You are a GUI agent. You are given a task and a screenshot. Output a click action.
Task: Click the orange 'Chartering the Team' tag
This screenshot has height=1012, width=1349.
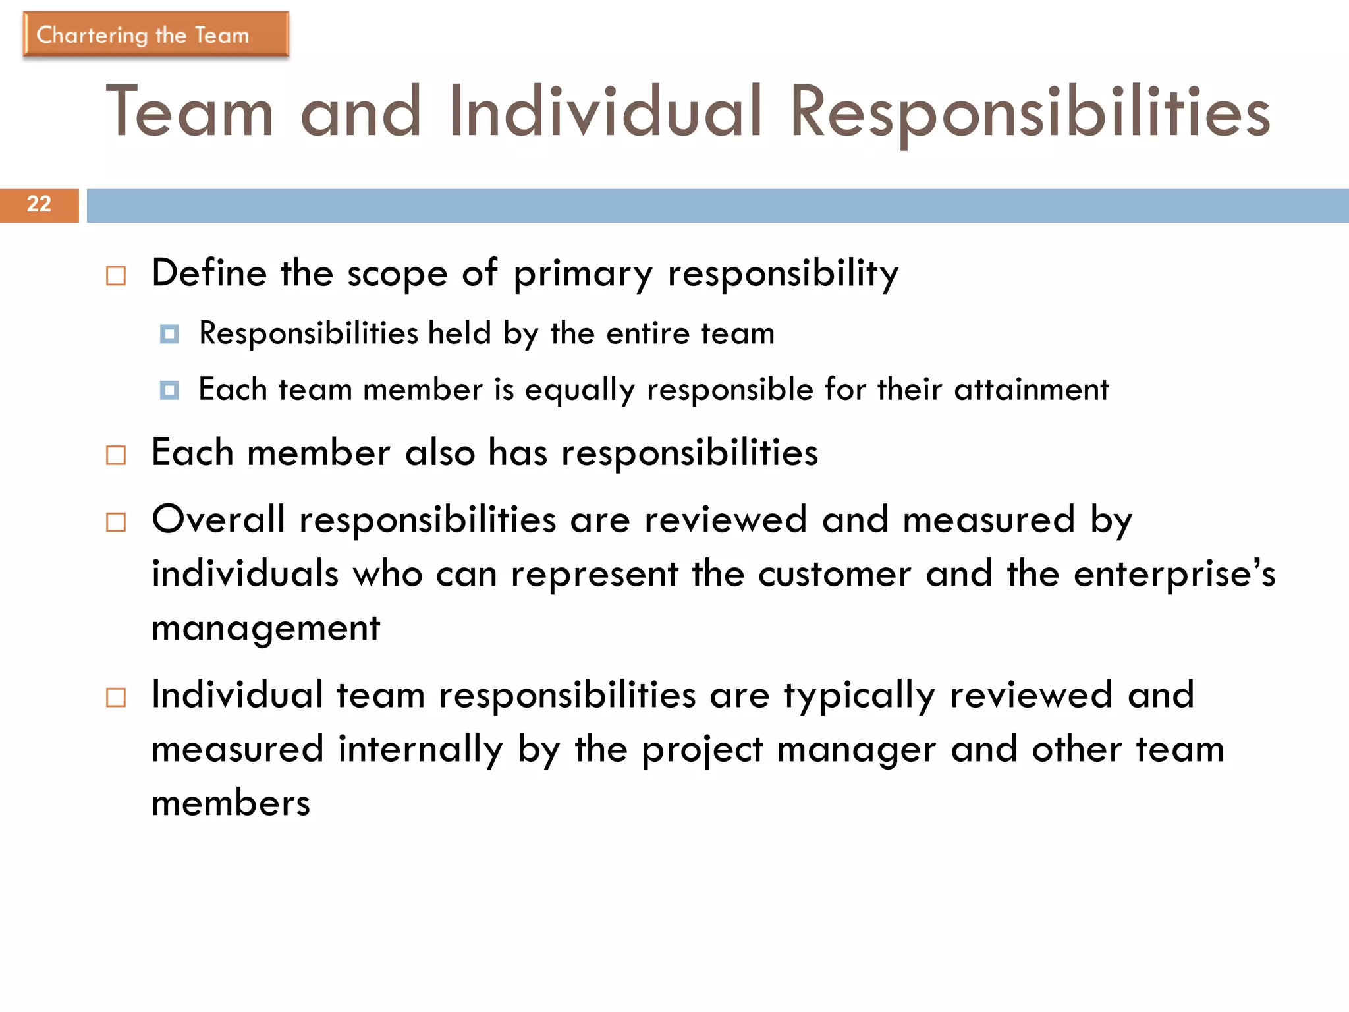pyautogui.click(x=155, y=34)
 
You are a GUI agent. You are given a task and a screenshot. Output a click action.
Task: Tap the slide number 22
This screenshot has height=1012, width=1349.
pyautogui.click(x=39, y=204)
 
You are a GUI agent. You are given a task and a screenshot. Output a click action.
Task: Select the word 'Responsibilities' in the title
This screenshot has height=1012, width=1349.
pyautogui.click(x=1030, y=113)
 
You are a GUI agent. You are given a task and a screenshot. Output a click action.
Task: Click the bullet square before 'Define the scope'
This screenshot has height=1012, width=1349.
pyautogui.click(x=116, y=275)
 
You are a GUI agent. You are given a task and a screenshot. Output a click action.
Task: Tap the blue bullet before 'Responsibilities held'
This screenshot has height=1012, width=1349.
pyautogui.click(x=169, y=334)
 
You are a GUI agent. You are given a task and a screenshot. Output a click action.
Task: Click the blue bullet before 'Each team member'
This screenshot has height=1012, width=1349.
pyautogui.click(x=169, y=390)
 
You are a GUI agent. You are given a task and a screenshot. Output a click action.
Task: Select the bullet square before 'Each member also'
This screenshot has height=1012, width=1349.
pyautogui.click(x=116, y=455)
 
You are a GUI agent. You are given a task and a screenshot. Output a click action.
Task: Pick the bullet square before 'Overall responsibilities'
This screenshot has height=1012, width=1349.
pyautogui.click(x=116, y=522)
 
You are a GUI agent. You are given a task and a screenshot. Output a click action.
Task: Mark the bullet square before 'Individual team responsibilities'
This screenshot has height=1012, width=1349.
pyautogui.click(x=116, y=697)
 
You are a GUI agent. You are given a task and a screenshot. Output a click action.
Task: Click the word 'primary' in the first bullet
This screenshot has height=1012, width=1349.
pyautogui.click(x=583, y=274)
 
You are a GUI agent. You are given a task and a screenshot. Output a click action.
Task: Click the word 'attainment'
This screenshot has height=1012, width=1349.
pyautogui.click(x=1032, y=389)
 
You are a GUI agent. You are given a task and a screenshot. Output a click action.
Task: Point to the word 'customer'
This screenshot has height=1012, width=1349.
pyautogui.click(x=834, y=574)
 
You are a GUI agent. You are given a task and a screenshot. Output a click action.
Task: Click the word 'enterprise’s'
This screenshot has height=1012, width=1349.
pyautogui.click(x=1174, y=574)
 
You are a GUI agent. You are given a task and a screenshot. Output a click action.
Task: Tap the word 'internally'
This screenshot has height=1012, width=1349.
pyautogui.click(x=420, y=750)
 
